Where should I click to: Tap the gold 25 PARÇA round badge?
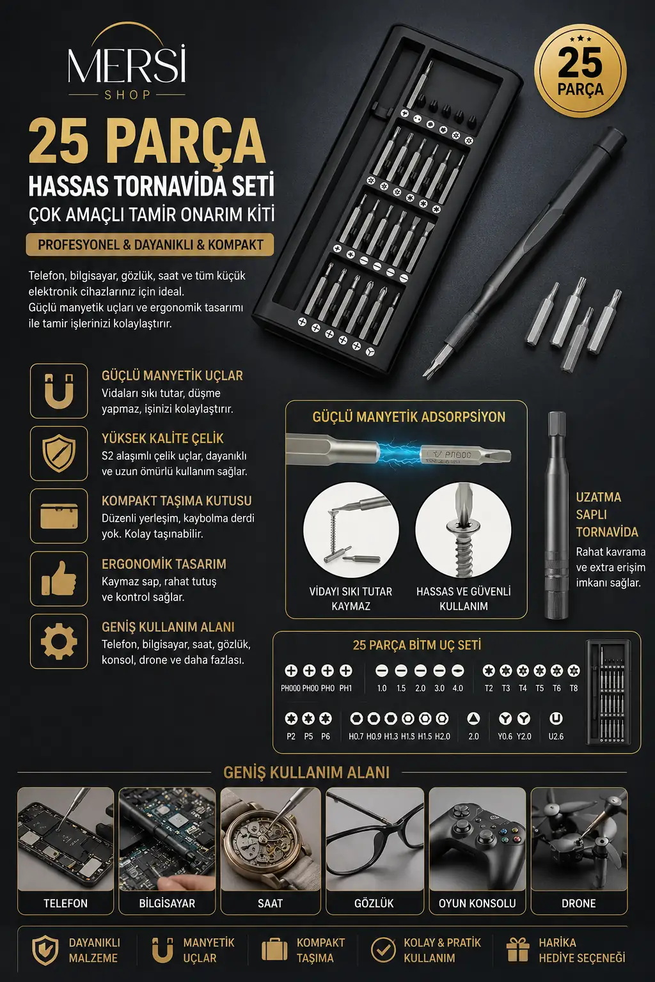[580, 70]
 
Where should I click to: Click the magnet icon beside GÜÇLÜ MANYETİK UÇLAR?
[59, 391]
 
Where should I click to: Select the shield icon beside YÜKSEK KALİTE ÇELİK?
[59, 453]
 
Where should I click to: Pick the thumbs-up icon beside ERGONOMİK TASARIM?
[59, 578]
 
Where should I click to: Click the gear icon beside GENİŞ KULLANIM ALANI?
[59, 641]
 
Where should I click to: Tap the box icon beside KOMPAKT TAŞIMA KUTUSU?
[59, 516]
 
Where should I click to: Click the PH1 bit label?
[345, 689]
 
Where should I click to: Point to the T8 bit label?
[573, 689]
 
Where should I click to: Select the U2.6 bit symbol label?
[556, 736]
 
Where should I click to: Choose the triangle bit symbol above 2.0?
[473, 718]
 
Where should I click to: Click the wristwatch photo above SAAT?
[270, 839]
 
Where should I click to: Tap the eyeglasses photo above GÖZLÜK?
[375, 839]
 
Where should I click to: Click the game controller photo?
[477, 839]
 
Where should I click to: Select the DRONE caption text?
[579, 903]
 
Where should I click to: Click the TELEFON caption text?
[65, 903]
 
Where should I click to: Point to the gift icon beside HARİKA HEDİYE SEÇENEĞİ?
[517, 949]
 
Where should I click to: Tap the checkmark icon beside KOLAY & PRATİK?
[383, 949]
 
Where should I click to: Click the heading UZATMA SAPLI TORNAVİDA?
[607, 514]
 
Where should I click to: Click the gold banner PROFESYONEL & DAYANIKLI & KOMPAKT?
[150, 245]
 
